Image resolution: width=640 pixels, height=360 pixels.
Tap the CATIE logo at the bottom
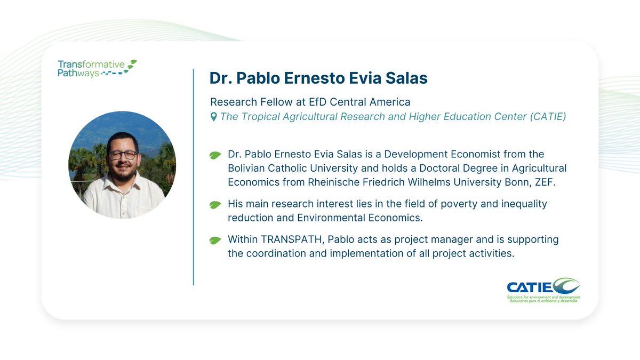(x=543, y=290)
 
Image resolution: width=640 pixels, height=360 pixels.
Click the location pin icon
(x=214, y=116)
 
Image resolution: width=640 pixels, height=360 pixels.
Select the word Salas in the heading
(x=407, y=78)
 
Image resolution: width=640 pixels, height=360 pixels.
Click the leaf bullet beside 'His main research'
(x=215, y=205)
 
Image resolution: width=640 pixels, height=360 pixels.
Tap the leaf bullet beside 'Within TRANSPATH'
(x=215, y=241)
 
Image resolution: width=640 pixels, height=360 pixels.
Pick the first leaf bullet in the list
(x=215, y=155)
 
